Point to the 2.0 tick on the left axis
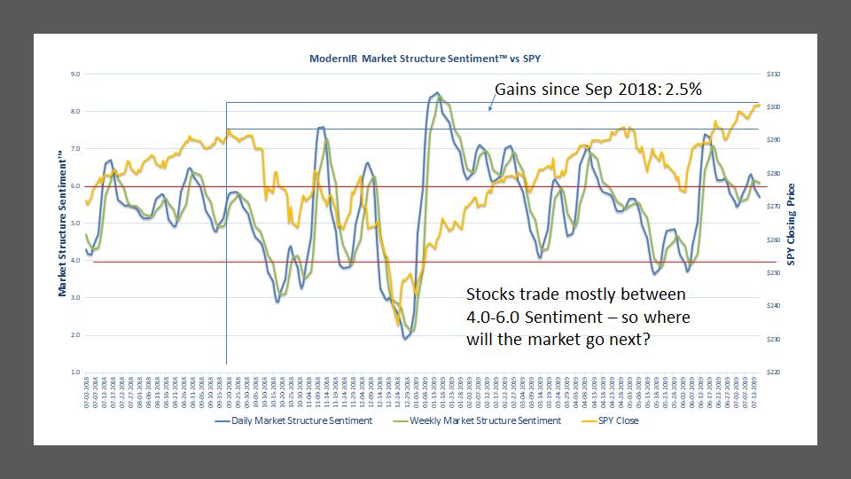(75, 335)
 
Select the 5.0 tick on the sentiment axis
(75, 224)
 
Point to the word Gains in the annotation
(517, 90)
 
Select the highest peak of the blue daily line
(435, 92)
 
